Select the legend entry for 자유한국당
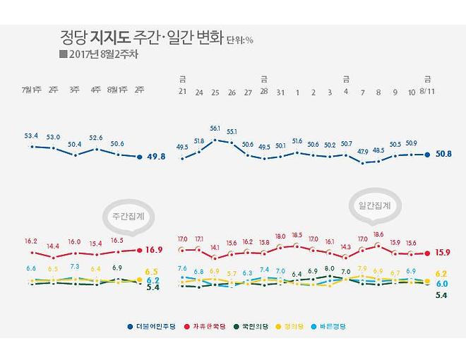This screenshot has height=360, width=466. [204, 327]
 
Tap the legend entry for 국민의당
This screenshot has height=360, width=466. [251, 327]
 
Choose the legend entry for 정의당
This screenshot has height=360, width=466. [295, 327]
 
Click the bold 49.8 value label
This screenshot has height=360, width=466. [156, 157]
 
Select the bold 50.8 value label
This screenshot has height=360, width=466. [443, 153]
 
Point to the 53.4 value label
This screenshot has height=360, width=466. [31, 135]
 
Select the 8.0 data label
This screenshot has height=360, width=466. [329, 268]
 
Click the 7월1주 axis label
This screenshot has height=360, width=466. [31, 90]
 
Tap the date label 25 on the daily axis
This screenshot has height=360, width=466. [215, 92]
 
